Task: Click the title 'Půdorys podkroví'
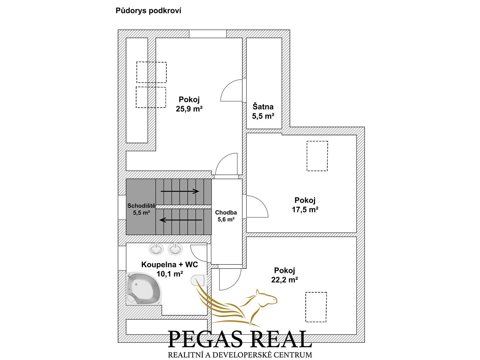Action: click(x=148, y=11)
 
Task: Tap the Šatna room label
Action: click(x=263, y=107)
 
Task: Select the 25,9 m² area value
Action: click(x=189, y=109)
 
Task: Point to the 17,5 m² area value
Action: click(x=305, y=210)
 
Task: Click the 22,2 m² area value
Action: click(x=284, y=280)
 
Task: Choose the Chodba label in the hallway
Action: click(x=226, y=212)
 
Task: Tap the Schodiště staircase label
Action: click(x=142, y=206)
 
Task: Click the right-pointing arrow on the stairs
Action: click(x=180, y=192)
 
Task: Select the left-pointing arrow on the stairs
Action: click(x=181, y=220)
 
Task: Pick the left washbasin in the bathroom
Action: click(x=156, y=249)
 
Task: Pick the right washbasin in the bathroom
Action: click(x=175, y=249)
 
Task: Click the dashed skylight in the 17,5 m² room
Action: click(x=317, y=156)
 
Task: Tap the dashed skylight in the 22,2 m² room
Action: click(x=316, y=307)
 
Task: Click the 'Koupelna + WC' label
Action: click(x=170, y=265)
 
